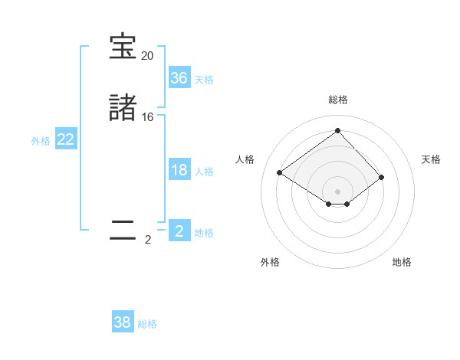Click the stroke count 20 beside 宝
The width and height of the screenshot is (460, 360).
click(147, 56)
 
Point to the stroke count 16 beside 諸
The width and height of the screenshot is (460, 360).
click(147, 117)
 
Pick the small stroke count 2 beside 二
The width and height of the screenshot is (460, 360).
click(147, 240)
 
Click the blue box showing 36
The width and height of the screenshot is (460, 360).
click(179, 78)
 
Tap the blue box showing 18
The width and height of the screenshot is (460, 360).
click(179, 170)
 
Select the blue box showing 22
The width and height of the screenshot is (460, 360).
click(66, 139)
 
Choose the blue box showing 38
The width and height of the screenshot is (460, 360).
click(123, 322)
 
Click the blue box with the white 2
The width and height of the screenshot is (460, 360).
click(179, 231)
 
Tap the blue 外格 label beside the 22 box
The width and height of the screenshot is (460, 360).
click(41, 141)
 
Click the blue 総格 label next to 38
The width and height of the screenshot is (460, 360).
click(147, 324)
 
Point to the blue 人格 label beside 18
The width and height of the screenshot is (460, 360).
click(204, 172)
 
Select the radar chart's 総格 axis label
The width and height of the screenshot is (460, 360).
click(337, 100)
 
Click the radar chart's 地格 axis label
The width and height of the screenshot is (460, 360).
click(402, 262)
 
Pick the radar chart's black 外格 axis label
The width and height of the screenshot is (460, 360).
click(270, 262)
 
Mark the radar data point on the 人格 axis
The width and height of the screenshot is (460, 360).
click(280, 173)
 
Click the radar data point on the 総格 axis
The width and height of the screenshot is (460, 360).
click(337, 131)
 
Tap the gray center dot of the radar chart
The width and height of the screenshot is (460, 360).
click(337, 191)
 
